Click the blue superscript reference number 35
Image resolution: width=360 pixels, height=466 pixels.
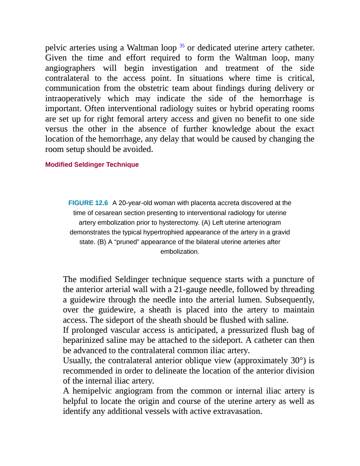(x=182, y=46)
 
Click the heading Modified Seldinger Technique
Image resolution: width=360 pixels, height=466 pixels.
(x=92, y=165)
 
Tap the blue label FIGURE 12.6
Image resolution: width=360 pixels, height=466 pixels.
(x=88, y=203)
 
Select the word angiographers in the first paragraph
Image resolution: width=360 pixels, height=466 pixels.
(x=70, y=68)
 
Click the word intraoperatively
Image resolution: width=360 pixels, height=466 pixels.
(x=73, y=99)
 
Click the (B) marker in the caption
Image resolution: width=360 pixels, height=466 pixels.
(x=101, y=242)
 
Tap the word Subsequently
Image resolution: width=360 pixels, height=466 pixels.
(x=290, y=300)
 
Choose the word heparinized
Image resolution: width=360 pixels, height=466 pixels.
(x=83, y=340)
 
